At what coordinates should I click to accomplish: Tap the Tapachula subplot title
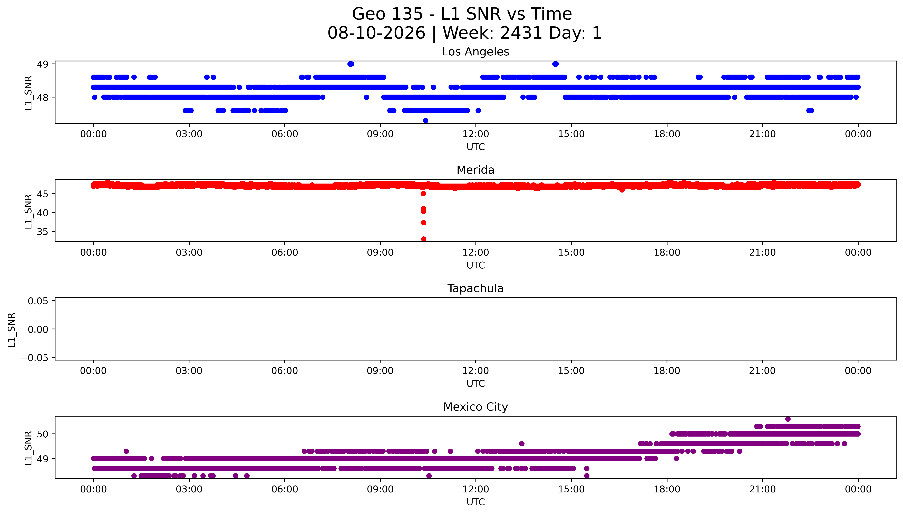(475, 288)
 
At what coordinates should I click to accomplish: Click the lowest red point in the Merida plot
(423, 239)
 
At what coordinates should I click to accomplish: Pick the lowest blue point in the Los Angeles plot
(425, 120)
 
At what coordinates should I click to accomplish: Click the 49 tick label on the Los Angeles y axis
(43, 64)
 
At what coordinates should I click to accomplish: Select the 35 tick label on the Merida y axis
(43, 232)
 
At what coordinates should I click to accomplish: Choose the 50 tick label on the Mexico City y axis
(43, 434)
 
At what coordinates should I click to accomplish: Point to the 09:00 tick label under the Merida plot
(380, 252)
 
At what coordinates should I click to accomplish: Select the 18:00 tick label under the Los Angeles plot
(667, 134)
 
